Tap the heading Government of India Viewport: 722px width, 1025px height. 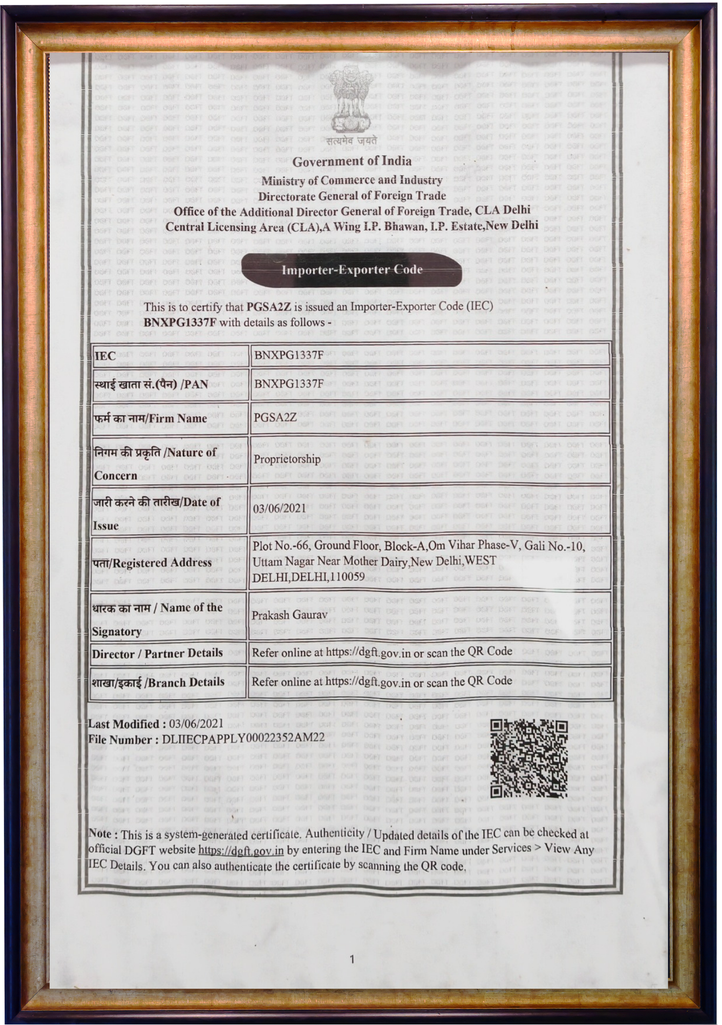(352, 161)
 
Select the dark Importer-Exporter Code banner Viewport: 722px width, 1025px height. (352, 270)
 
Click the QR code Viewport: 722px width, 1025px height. (529, 759)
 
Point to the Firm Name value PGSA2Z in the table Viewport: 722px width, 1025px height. (275, 417)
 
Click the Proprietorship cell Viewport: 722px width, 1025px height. (287, 459)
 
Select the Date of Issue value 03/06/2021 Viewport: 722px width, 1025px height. (279, 508)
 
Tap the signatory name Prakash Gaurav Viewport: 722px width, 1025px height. (290, 614)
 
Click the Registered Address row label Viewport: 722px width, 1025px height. (152, 563)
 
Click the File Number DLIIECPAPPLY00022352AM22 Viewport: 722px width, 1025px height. (243, 738)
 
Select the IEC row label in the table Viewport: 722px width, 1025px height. (105, 356)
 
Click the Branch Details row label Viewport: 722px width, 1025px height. (158, 682)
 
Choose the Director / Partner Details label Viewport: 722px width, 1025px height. (157, 653)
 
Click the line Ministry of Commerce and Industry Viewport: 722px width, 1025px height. (352, 180)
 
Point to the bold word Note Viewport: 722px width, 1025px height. (102, 834)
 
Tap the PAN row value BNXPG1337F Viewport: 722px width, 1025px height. (289, 383)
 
